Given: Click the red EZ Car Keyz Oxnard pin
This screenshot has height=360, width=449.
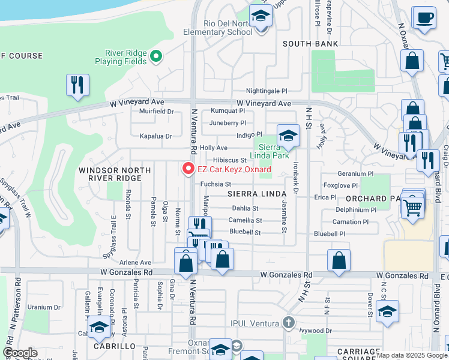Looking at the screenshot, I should [x=188, y=169].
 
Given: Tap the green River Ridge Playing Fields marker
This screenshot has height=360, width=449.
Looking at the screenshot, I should [x=156, y=57].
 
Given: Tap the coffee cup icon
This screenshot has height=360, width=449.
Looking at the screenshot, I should [x=424, y=18].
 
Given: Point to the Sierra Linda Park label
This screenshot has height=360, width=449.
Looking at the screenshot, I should [x=274, y=151].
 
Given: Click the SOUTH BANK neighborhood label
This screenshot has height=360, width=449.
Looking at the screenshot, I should [x=310, y=44].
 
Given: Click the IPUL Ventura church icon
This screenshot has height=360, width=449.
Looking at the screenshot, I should [x=289, y=323].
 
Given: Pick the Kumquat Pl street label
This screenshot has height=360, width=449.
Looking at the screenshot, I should [x=228, y=111].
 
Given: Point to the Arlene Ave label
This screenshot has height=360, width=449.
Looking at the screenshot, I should [x=136, y=262].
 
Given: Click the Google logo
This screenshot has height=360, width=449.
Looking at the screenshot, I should [x=20, y=353].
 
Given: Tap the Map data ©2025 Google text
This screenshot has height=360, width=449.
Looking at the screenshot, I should [x=412, y=355].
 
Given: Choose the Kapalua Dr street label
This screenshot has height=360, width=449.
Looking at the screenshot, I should [x=156, y=136].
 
